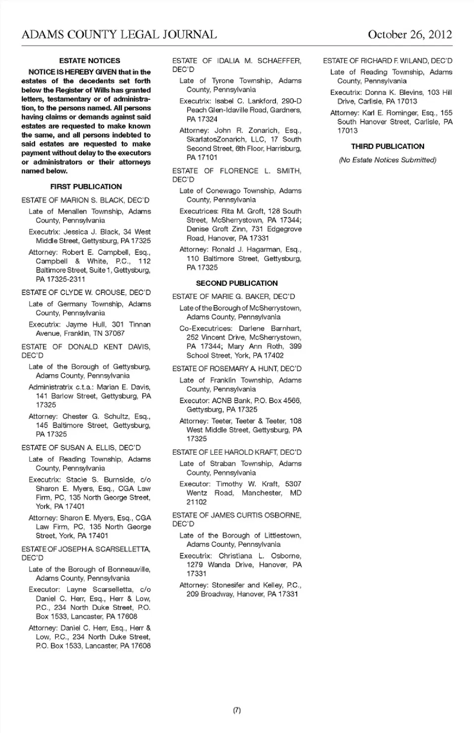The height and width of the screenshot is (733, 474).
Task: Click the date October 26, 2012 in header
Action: (409, 34)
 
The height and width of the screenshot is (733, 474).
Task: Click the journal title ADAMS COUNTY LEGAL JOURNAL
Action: (119, 34)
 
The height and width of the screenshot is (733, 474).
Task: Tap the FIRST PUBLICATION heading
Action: (86, 187)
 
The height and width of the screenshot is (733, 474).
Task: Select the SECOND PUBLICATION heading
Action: (237, 283)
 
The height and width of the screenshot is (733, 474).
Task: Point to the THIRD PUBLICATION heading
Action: (388, 146)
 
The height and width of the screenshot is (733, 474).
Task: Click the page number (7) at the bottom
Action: (237, 710)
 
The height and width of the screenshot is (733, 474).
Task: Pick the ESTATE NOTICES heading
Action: (89, 61)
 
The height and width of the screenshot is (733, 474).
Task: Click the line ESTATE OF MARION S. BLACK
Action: (85, 200)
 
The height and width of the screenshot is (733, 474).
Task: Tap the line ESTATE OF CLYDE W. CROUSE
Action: (86, 293)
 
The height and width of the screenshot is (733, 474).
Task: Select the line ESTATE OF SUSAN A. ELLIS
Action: (81, 448)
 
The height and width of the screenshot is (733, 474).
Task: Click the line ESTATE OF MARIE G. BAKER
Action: (234, 297)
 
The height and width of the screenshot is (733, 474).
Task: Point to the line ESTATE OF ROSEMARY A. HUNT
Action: (237, 369)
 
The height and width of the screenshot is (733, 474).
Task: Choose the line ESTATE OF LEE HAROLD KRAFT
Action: (237, 452)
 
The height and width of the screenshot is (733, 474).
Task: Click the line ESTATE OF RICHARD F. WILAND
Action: (388, 61)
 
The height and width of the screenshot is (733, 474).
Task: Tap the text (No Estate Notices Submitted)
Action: (388, 160)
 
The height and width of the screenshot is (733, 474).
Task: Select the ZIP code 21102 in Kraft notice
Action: (197, 502)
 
